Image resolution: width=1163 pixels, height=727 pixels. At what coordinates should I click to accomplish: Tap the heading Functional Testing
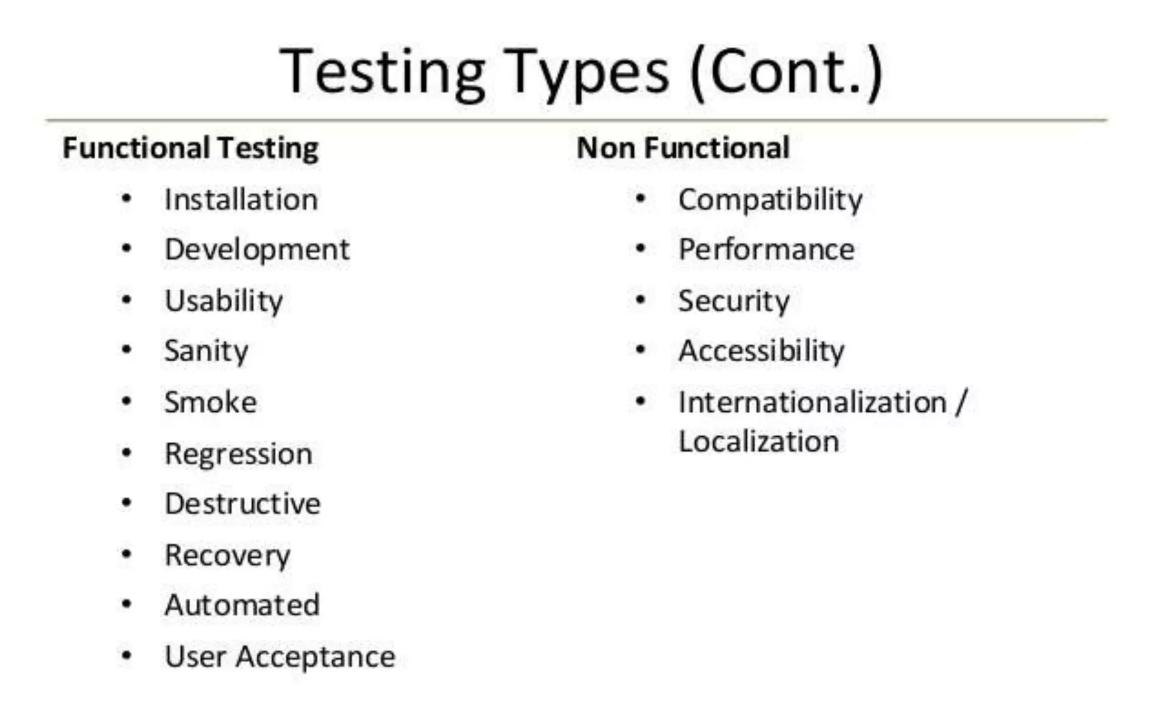coord(190,148)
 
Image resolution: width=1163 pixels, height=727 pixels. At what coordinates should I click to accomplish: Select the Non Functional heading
coord(683,148)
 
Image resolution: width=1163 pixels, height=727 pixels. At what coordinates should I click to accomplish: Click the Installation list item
coord(241,200)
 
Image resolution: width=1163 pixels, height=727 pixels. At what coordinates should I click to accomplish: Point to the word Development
coord(257,250)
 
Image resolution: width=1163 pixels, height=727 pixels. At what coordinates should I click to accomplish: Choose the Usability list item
coord(223,301)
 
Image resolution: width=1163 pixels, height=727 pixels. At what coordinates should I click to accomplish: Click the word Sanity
coord(206,351)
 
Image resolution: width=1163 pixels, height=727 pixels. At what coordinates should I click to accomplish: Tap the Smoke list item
coord(210,402)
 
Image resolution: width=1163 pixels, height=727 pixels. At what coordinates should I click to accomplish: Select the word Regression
coord(239,454)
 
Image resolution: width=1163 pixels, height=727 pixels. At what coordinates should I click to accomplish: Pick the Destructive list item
coord(242,504)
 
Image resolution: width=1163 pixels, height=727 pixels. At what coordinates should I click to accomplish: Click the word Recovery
coord(227,555)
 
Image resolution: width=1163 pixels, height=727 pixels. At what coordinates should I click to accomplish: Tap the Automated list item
coord(242,605)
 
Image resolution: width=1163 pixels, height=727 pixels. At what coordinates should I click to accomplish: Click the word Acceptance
coord(315,657)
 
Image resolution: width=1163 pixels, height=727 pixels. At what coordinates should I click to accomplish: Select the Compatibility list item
coord(770,200)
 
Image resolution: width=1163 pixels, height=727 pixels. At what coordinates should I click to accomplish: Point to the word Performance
coord(766,250)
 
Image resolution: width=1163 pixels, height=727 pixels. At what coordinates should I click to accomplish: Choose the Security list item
coord(734,301)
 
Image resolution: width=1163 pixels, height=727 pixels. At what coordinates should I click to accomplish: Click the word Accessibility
coord(761,351)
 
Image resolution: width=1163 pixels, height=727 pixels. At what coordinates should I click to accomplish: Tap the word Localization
coord(759,441)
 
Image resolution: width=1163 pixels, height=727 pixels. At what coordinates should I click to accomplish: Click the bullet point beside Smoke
coord(127,402)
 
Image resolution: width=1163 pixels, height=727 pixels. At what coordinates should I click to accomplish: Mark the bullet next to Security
coord(641,299)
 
